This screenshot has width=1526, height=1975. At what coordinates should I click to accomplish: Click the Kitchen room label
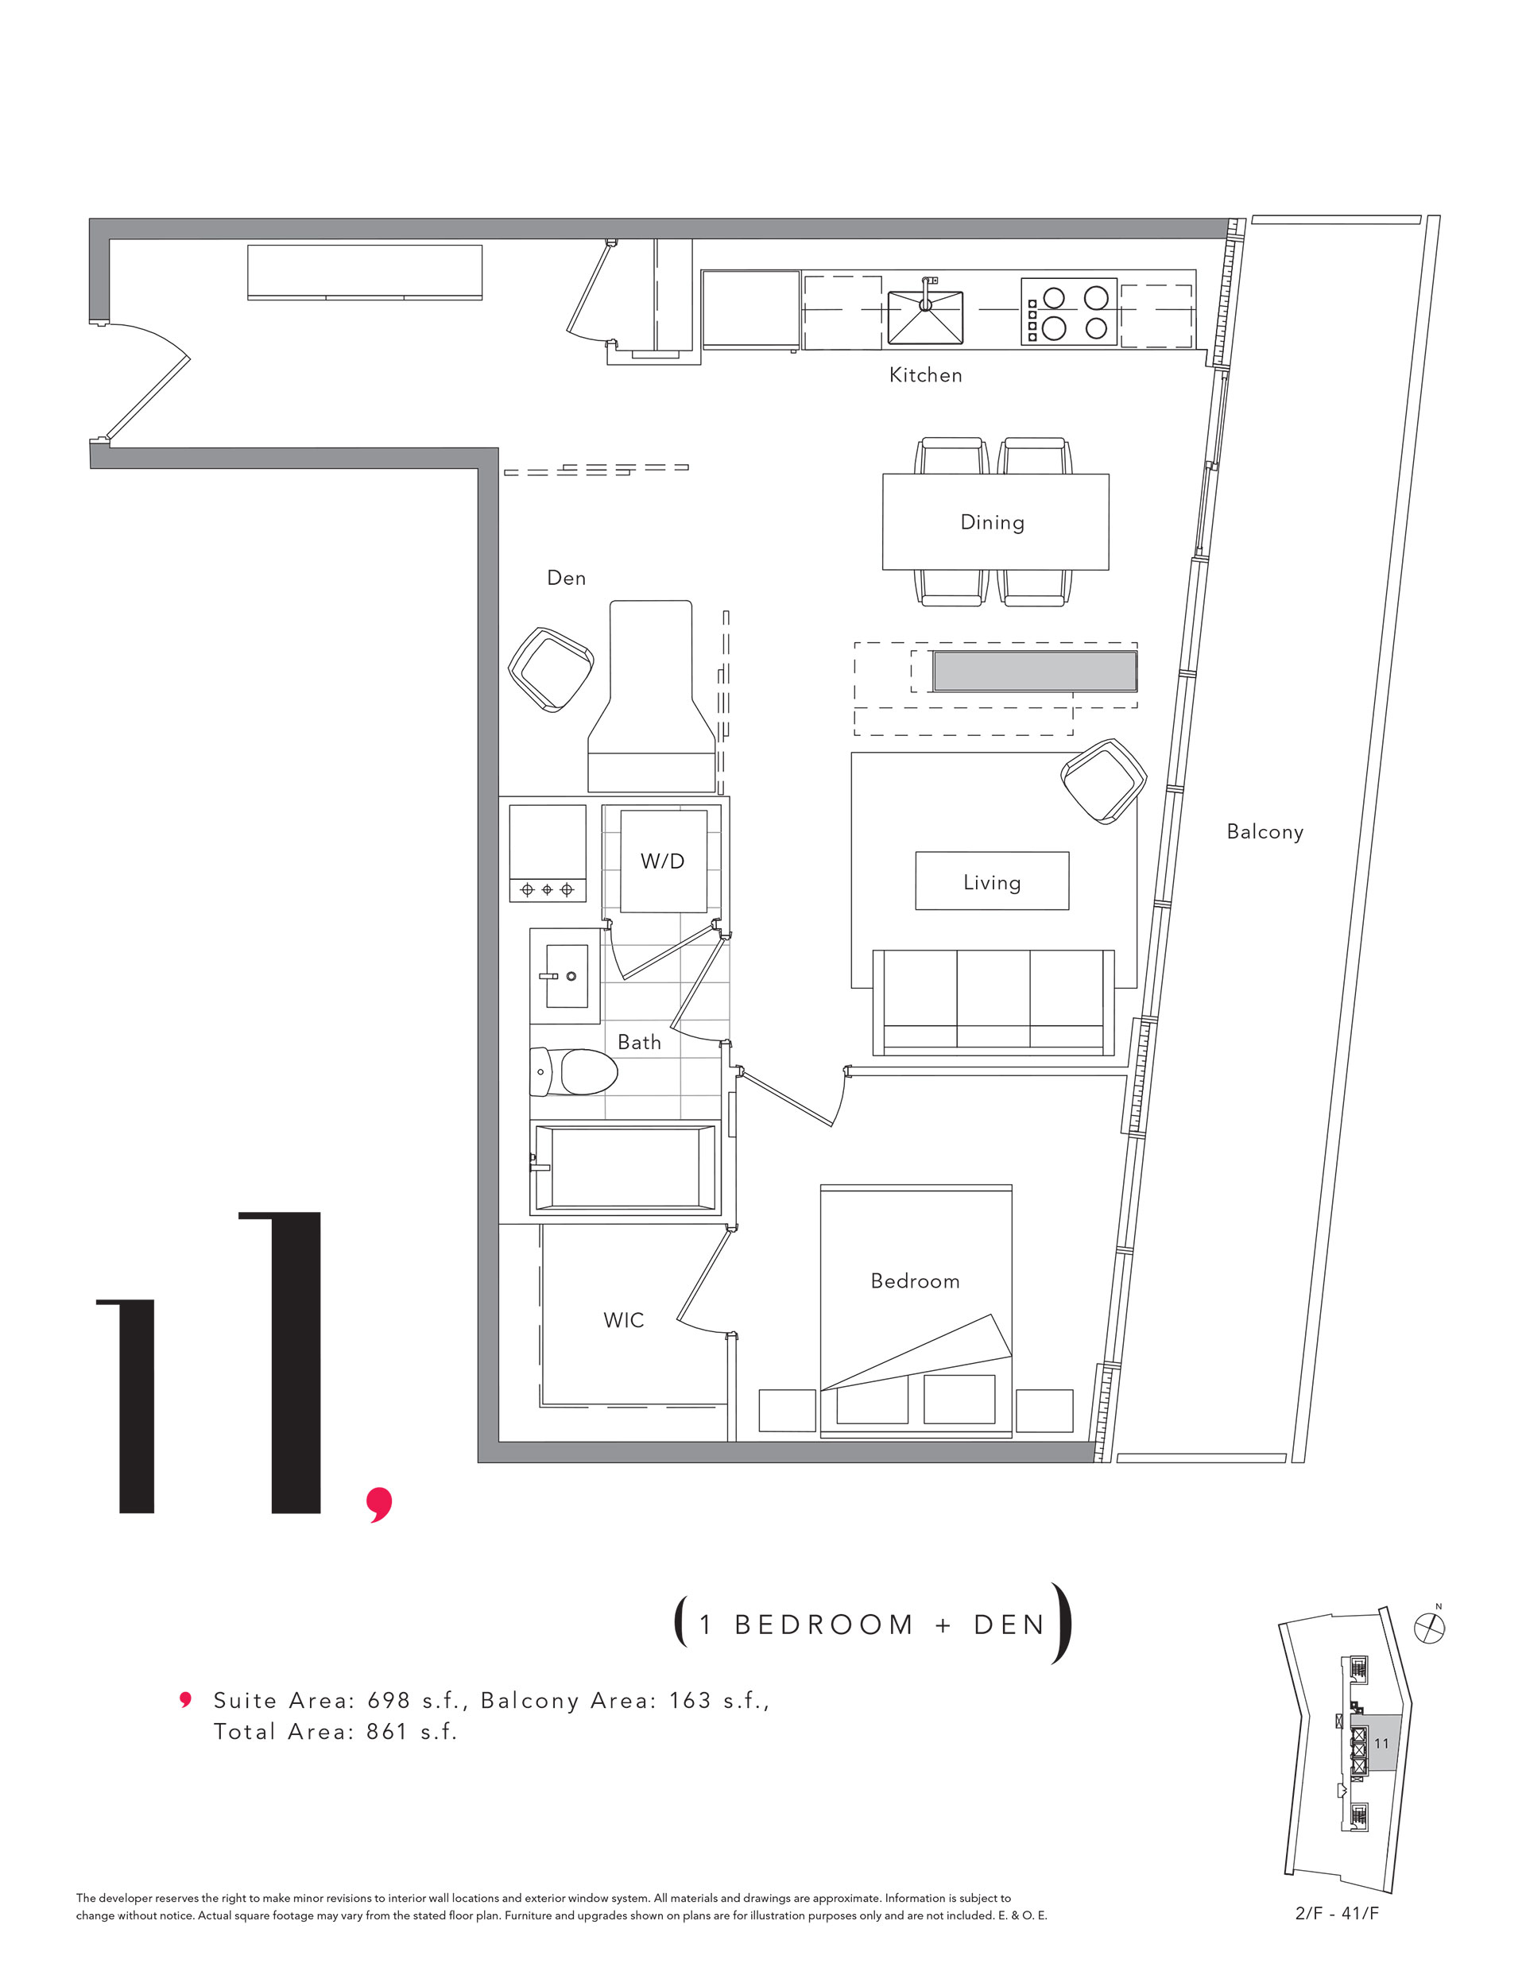925,374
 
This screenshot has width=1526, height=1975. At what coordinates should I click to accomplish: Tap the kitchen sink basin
925,316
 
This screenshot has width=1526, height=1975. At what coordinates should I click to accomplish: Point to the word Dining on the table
993,523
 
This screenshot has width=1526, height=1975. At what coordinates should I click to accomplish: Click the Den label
566,578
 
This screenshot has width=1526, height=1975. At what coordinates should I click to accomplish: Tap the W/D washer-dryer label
662,861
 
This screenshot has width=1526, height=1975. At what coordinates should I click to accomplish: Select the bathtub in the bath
625,1168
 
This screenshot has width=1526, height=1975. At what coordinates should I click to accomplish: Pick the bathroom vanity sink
566,976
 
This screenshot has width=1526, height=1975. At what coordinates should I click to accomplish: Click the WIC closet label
624,1320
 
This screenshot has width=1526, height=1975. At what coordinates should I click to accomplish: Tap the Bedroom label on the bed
916,1281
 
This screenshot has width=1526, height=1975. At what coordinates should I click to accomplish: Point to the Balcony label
1265,832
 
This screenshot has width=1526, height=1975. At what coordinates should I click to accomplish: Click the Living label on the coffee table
993,883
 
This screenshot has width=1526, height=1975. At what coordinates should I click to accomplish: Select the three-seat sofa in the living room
993,1002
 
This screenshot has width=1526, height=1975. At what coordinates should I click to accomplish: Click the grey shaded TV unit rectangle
1035,672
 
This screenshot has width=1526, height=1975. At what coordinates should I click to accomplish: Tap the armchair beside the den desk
551,669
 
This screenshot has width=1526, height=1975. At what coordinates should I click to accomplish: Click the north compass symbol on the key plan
1429,1628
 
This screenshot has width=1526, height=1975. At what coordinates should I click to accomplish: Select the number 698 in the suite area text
389,1701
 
